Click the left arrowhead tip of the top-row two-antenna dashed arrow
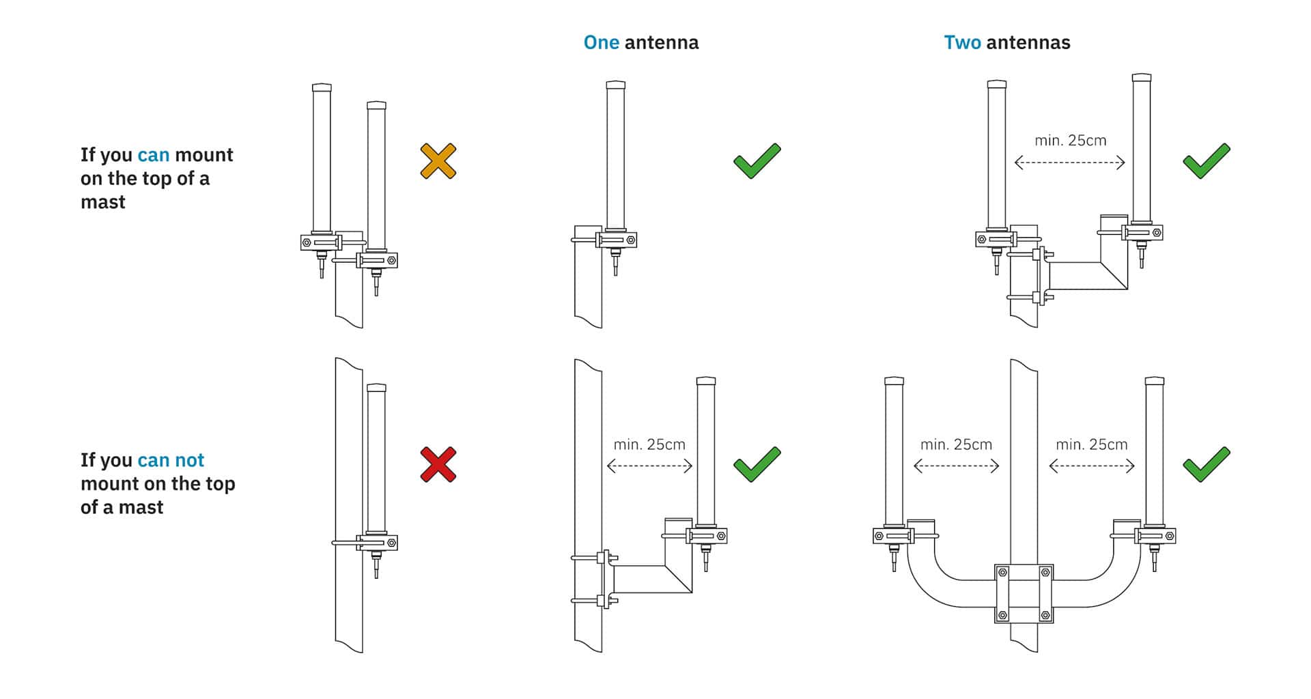[1015, 162]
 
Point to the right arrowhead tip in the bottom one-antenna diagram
[692, 466]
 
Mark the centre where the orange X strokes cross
[438, 161]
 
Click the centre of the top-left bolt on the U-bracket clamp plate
[1002, 573]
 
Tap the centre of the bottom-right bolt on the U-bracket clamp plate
[1045, 615]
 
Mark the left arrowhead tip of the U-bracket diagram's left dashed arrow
[914, 466]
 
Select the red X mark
[438, 465]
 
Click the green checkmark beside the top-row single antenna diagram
[757, 161]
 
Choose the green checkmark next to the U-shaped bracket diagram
[1207, 464]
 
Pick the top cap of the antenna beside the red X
[376, 388]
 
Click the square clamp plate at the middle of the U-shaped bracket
[1024, 594]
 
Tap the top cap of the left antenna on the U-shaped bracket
[894, 380]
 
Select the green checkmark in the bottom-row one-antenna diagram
[757, 464]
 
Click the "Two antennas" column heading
[1007, 43]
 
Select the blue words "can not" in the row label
[171, 460]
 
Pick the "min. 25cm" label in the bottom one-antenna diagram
[649, 444]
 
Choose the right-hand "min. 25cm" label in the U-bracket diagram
[1092, 444]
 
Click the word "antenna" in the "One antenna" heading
[661, 43]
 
